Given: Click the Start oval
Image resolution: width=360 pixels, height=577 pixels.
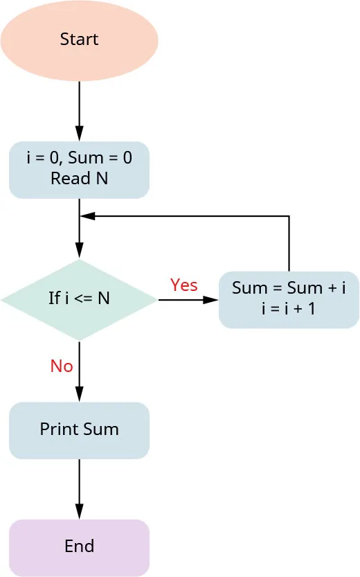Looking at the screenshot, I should point(79,39).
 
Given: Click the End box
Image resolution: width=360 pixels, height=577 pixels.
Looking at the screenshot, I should point(79,547).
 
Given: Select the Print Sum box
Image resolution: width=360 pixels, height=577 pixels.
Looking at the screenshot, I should point(79,429).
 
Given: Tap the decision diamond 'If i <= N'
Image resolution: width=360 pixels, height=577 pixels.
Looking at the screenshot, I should point(79,299).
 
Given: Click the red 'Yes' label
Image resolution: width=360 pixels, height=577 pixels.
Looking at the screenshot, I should point(184,285).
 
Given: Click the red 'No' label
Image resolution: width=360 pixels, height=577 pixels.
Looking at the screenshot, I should point(62,366).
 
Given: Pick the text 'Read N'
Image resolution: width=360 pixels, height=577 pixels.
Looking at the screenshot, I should point(79,179).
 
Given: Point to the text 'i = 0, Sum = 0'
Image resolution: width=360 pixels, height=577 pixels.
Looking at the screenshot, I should point(79,159).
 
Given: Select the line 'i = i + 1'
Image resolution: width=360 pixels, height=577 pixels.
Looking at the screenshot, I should point(289,309).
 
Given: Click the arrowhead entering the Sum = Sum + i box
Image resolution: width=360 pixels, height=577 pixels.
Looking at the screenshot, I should point(210,300).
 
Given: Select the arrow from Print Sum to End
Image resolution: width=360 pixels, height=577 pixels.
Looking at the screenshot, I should point(79,488).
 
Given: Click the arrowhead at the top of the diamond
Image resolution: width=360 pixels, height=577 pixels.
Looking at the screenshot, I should point(79,252).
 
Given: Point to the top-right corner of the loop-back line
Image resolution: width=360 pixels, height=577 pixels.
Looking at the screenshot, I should point(289,216).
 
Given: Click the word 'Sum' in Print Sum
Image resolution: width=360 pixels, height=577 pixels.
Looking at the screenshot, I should point(101,429).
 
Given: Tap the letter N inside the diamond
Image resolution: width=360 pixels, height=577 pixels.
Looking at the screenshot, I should point(103,299).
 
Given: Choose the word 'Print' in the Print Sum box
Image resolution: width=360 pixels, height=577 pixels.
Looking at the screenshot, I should point(59,429).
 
